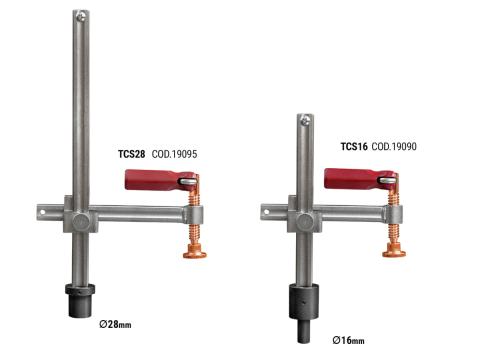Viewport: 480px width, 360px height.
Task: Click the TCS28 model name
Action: click(x=132, y=154)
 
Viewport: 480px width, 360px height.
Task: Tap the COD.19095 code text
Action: click(x=174, y=154)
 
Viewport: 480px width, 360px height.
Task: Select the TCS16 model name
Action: click(x=354, y=146)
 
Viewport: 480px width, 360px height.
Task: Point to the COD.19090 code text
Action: click(x=394, y=146)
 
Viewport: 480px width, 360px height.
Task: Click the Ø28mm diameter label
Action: click(x=115, y=324)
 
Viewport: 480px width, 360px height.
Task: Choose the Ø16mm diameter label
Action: click(x=348, y=340)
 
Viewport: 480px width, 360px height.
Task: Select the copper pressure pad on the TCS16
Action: click(x=394, y=250)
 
